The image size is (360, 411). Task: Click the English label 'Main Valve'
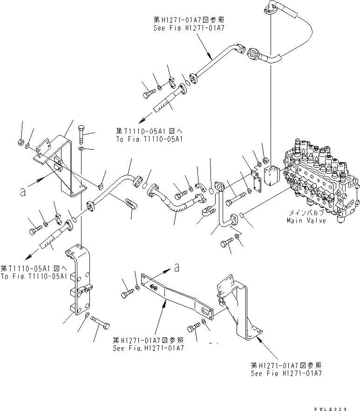click(306, 220)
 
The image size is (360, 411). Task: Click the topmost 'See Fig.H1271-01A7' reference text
click(189, 28)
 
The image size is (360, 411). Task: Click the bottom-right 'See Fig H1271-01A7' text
click(285, 373)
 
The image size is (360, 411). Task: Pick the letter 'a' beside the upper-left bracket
click(22, 192)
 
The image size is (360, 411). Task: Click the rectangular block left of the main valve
click(272, 177)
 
